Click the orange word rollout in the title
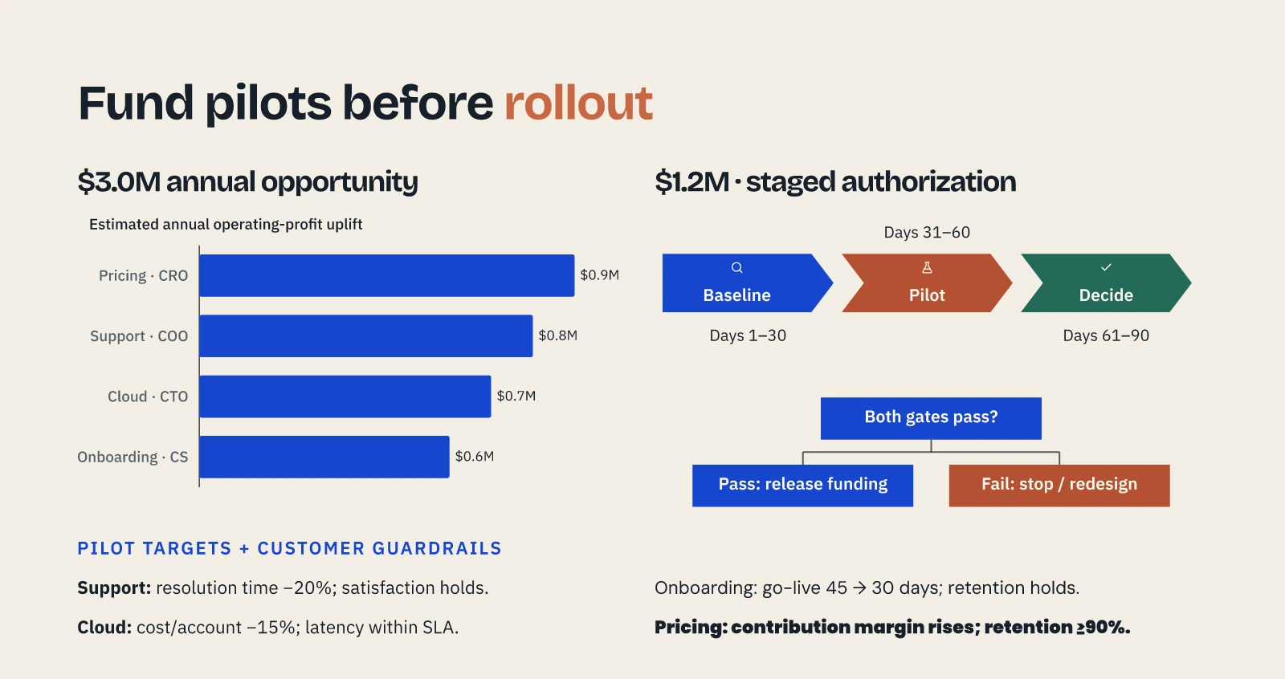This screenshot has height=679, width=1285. tap(578, 104)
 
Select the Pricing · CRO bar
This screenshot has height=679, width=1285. tap(386, 275)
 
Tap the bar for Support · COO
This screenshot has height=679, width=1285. tap(366, 336)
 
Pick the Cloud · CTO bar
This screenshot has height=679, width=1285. tap(345, 396)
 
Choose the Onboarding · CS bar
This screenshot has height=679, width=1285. tap(324, 457)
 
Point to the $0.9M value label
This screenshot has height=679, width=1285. tap(599, 274)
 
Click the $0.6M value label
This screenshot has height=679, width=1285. tap(475, 456)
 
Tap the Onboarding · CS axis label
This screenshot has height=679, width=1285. tap(133, 457)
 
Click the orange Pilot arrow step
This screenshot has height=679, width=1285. tap(927, 283)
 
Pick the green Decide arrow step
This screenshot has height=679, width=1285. tap(1106, 283)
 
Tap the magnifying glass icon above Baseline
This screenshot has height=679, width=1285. tap(737, 267)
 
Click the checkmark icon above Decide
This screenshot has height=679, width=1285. tap(1106, 267)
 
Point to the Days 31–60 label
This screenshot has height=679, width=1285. tap(927, 232)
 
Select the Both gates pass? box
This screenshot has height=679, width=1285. tap(931, 418)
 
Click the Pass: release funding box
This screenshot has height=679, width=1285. tap(802, 485)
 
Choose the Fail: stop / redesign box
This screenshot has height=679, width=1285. tap(1059, 485)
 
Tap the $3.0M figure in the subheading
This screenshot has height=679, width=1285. tap(119, 181)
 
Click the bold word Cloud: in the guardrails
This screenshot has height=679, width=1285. tap(104, 627)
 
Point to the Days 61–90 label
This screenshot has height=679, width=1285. tap(1106, 335)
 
